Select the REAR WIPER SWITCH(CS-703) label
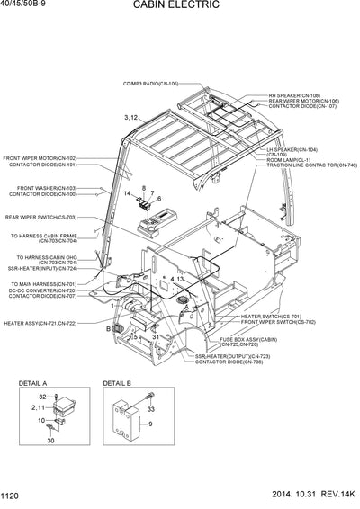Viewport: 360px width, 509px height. (x=40, y=217)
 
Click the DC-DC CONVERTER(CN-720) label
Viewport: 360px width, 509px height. (x=42, y=290)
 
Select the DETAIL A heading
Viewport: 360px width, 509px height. (x=32, y=383)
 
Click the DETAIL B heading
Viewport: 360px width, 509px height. (x=116, y=383)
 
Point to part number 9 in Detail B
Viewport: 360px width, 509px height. (x=151, y=423)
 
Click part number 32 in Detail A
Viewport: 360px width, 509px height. (x=42, y=397)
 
